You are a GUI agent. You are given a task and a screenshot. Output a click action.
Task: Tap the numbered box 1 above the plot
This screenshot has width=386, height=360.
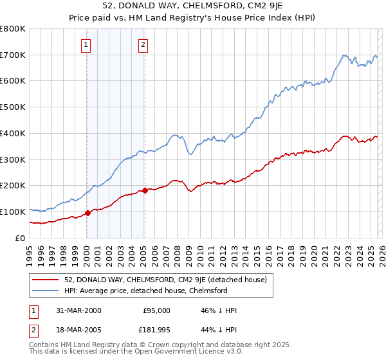click(x=86, y=44)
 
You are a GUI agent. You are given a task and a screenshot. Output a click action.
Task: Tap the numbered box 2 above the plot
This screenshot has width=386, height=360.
click(x=142, y=44)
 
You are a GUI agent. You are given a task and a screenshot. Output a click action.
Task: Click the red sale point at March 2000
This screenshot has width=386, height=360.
click(x=87, y=213)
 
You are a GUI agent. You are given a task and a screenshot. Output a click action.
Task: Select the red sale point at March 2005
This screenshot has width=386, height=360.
click(x=145, y=190)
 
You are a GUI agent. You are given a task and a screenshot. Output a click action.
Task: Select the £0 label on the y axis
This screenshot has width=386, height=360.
click(x=21, y=238)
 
